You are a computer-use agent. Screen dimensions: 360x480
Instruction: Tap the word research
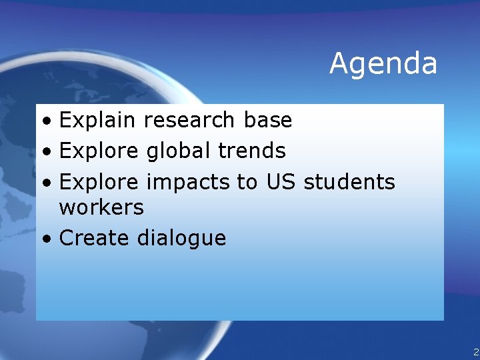tap(189, 121)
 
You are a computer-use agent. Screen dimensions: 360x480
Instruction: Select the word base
tap(267, 121)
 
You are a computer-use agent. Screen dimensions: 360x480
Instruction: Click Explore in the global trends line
tap(99, 151)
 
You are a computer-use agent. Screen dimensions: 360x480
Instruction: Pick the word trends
tap(251, 151)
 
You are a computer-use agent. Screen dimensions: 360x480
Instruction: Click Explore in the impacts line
tap(99, 181)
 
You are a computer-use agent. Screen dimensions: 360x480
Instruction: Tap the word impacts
tap(188, 182)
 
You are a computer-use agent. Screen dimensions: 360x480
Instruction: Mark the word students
tap(349, 181)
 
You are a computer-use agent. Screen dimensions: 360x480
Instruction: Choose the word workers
tap(101, 207)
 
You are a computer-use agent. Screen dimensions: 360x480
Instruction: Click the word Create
tap(95, 238)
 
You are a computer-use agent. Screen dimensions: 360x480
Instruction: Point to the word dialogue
tap(181, 239)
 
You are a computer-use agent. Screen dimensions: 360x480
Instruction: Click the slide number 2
tap(475, 352)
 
